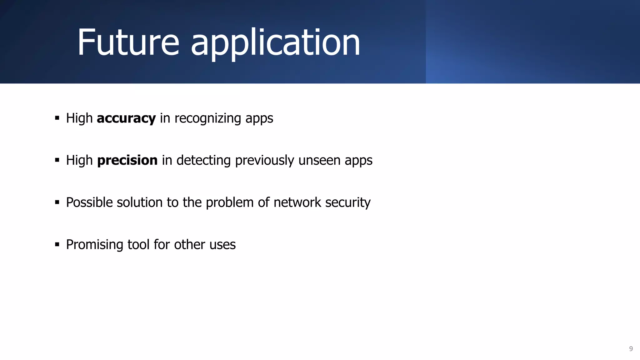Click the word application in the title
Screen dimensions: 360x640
click(275, 44)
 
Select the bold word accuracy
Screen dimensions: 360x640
click(126, 118)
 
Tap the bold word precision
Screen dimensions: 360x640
click(127, 160)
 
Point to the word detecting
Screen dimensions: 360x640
click(204, 161)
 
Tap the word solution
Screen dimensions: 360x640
click(139, 202)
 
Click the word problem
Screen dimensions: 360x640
click(230, 202)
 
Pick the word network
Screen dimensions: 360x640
click(297, 202)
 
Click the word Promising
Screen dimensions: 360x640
click(95, 245)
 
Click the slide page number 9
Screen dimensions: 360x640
click(631, 349)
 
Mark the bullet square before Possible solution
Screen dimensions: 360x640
click(57, 202)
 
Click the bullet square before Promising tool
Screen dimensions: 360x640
click(57, 244)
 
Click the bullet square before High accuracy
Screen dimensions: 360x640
click(57, 118)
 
